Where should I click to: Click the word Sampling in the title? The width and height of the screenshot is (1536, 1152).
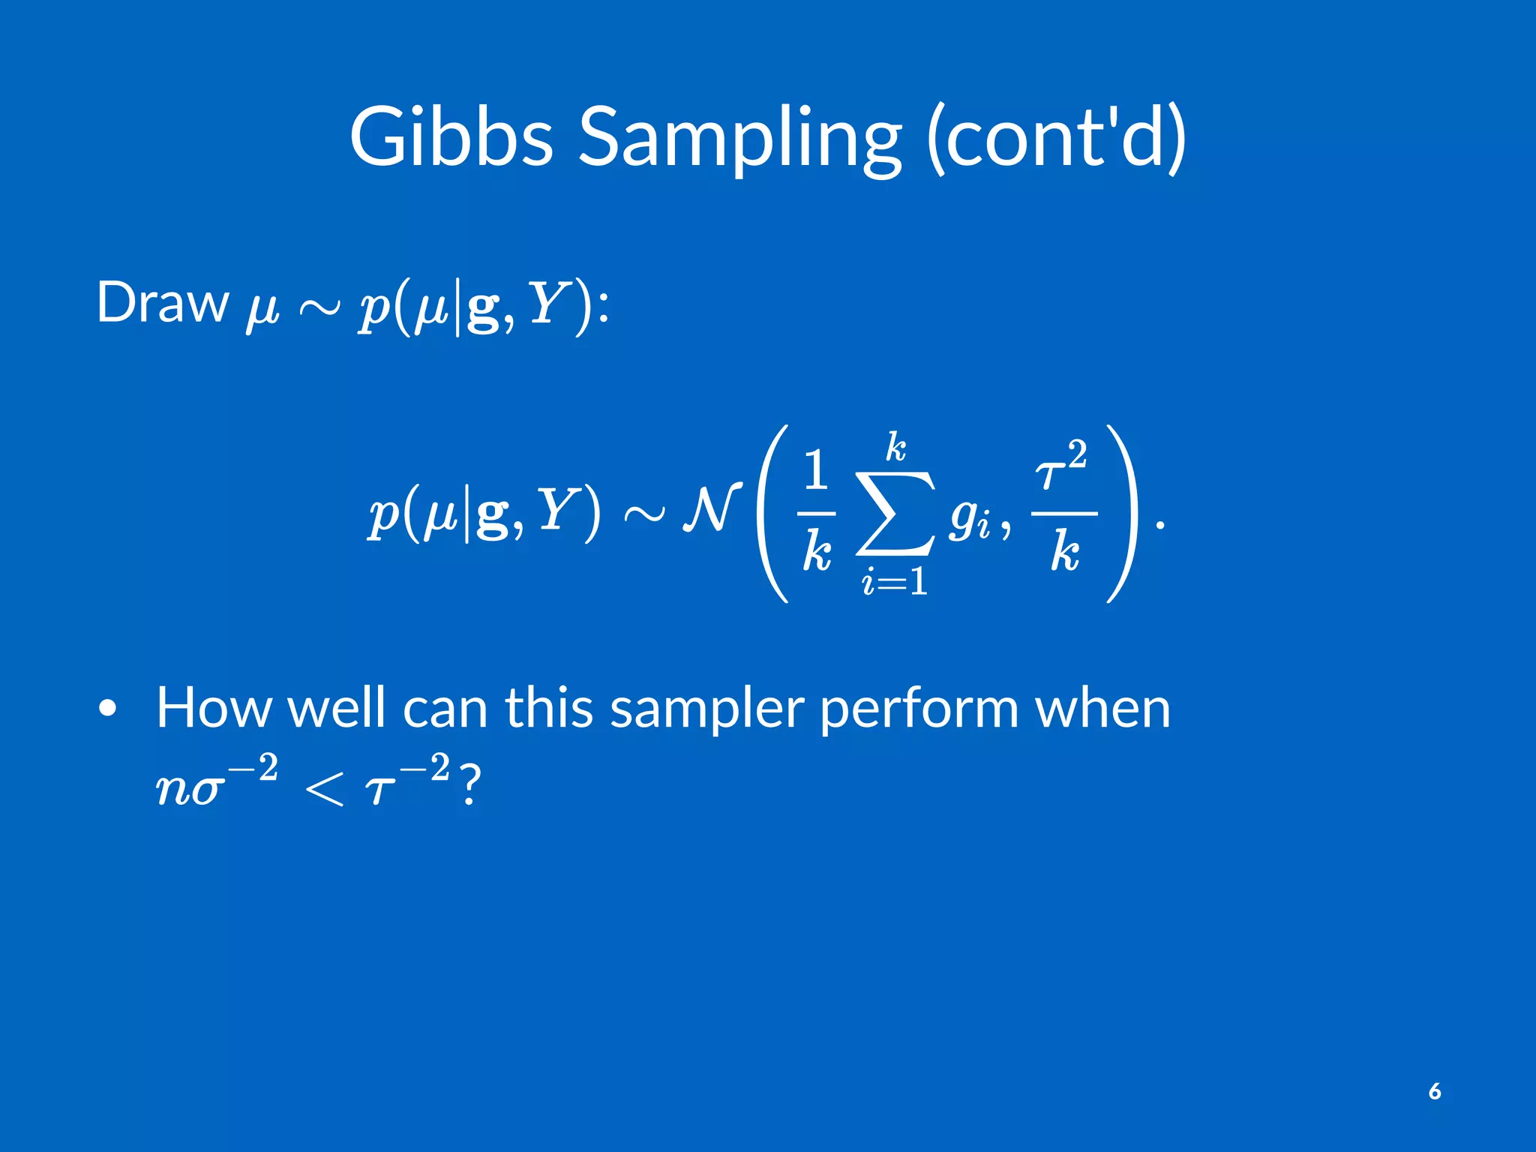pos(739,139)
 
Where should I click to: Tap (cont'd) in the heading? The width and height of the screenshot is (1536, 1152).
pos(1056,139)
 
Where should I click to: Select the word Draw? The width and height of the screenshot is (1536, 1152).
pos(162,303)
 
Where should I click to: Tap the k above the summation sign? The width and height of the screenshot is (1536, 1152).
pos(895,448)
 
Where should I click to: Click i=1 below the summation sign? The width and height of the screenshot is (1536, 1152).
pos(895,582)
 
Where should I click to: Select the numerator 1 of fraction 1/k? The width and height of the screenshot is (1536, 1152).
pos(816,470)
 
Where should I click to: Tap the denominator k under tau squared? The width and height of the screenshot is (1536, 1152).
pos(1064,553)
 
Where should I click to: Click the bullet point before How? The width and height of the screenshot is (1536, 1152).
pos(108,709)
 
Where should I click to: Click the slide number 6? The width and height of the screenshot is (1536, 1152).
pos(1434,1091)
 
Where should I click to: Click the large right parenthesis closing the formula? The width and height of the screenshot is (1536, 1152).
pos(1122,514)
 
